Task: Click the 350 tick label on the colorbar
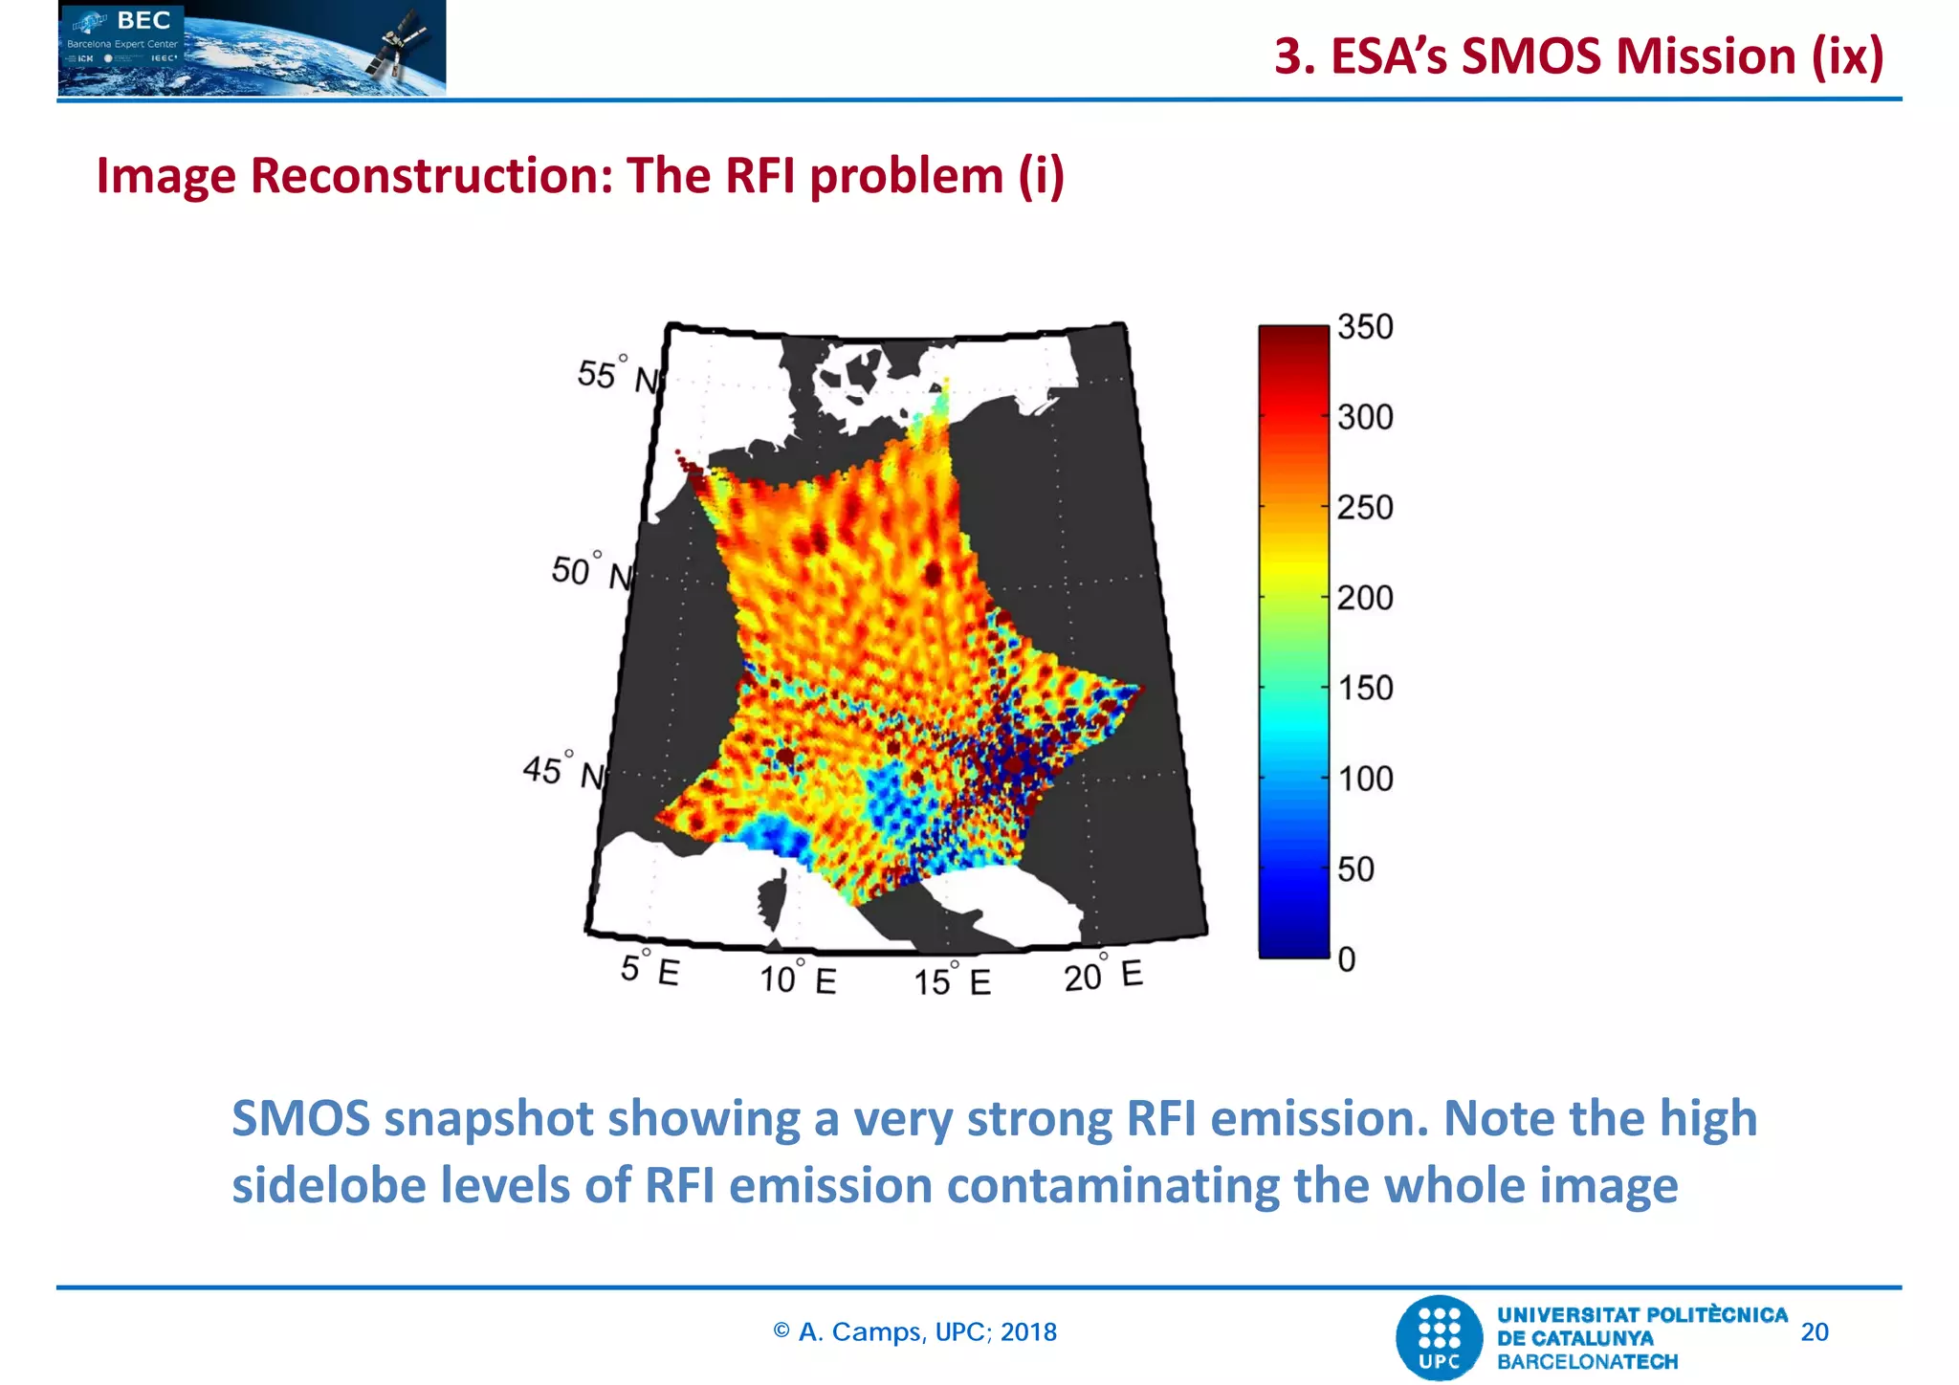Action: (x=1365, y=327)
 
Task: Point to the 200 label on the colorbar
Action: (x=1365, y=599)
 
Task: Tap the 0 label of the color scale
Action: (x=1347, y=959)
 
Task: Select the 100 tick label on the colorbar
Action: (x=1365, y=780)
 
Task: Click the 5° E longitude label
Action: (x=649, y=970)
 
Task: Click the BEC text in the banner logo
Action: (x=143, y=20)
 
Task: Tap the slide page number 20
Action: (x=1814, y=1332)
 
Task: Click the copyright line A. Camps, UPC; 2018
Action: (x=915, y=1332)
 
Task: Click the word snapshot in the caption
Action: (x=490, y=1119)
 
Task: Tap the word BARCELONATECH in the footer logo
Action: (x=1587, y=1362)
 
